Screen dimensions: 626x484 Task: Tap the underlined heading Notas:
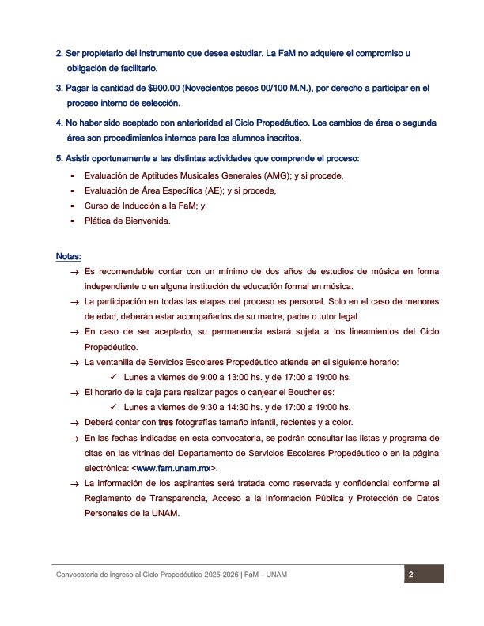pyautogui.click(x=68, y=257)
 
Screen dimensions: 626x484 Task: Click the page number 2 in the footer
pyautogui.click(x=411, y=575)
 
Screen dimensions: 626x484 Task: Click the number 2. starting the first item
pyautogui.click(x=59, y=54)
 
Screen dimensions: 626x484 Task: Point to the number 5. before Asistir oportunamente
pyautogui.click(x=59, y=159)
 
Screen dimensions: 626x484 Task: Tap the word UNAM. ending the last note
pyautogui.click(x=167, y=513)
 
